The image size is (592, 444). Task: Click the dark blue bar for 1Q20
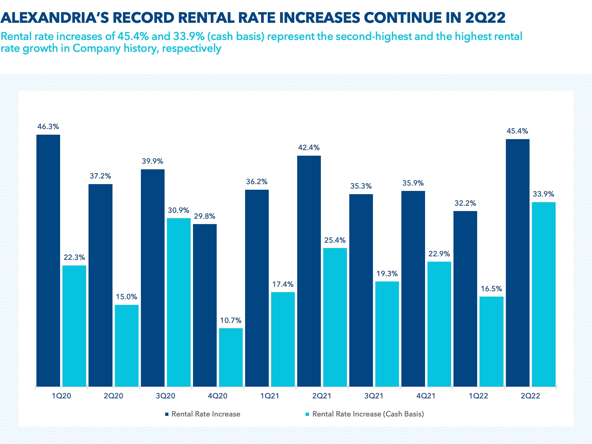[48, 260]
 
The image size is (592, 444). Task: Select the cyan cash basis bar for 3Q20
[179, 302]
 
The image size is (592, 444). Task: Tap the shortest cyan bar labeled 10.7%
[231, 357]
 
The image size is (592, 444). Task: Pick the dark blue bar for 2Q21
[309, 271]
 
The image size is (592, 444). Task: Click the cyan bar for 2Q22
[544, 294]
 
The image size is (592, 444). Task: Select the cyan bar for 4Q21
[439, 324]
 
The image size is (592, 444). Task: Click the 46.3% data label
[48, 127]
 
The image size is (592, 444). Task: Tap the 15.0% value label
[126, 297]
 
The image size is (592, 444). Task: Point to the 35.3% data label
[361, 186]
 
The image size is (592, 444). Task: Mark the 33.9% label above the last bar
[543, 194]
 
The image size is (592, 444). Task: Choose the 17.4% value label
[283, 284]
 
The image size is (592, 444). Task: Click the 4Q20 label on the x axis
[218, 396]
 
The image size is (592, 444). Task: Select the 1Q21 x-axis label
[270, 396]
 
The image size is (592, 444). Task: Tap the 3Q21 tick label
[374, 396]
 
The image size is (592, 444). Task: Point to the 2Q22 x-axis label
[530, 396]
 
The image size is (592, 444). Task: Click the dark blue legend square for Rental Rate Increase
[167, 414]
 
